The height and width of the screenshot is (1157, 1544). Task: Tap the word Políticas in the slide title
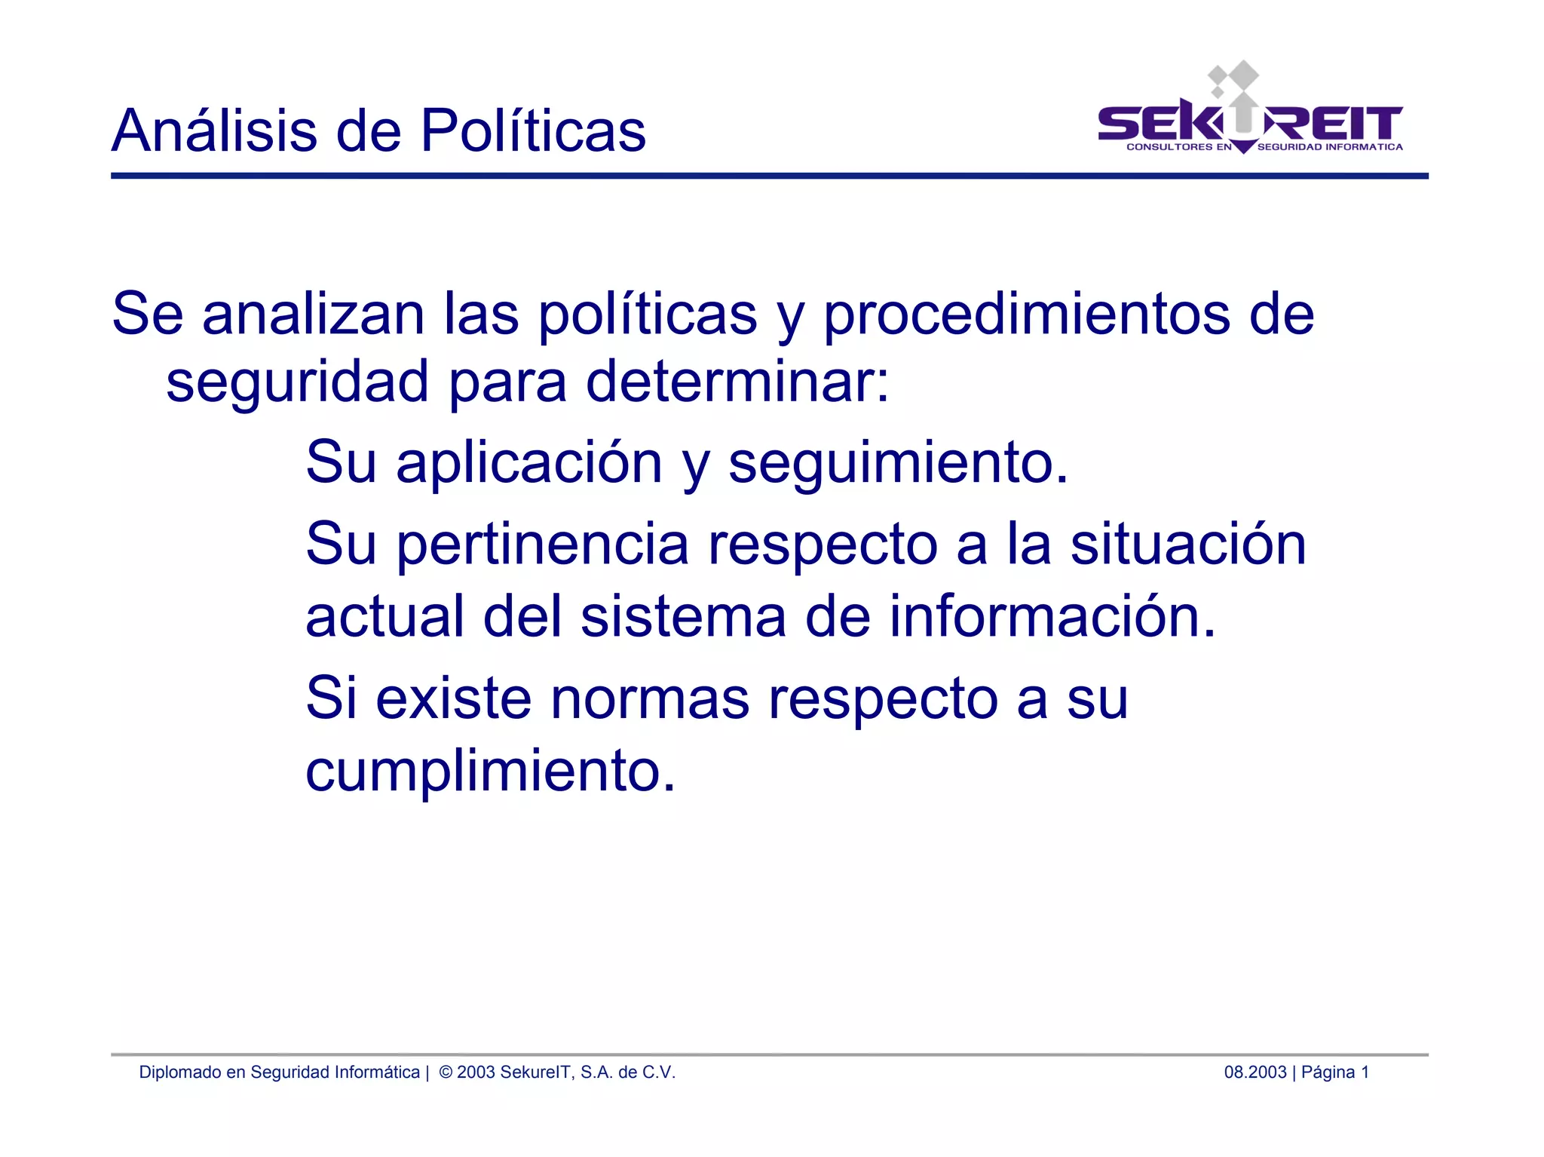pyautogui.click(x=532, y=130)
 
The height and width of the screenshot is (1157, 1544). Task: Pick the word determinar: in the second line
pyautogui.click(x=737, y=381)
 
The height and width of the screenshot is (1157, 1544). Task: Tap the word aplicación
pyautogui.click(x=529, y=462)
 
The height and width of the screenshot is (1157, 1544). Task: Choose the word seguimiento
pyautogui.click(x=898, y=462)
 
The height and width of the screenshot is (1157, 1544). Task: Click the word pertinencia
pyautogui.click(x=543, y=545)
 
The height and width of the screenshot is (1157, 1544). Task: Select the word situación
pyautogui.click(x=1188, y=545)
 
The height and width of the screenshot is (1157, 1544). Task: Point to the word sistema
pyautogui.click(x=683, y=616)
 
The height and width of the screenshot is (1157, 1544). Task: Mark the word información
pyautogui.click(x=1052, y=616)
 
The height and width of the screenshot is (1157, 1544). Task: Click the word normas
pyautogui.click(x=650, y=698)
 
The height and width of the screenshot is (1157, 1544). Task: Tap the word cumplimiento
pyautogui.click(x=490, y=771)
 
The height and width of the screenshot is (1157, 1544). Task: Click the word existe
pyautogui.click(x=454, y=698)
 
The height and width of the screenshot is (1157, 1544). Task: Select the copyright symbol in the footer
pyautogui.click(x=446, y=1072)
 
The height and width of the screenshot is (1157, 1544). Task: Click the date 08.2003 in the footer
pyautogui.click(x=1254, y=1072)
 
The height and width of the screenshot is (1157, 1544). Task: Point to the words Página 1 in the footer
pyautogui.click(x=1334, y=1072)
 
